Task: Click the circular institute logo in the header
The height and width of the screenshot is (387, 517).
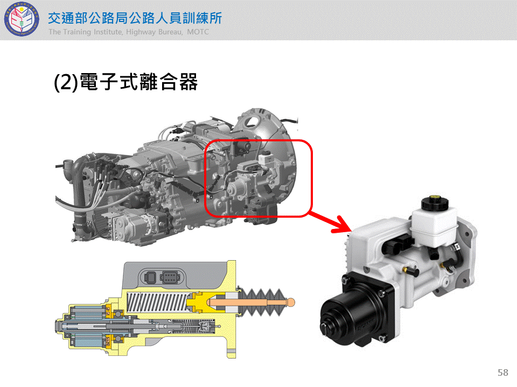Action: point(22,19)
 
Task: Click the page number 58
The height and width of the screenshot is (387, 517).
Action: point(503,372)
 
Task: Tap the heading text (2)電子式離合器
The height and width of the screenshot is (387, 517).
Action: point(125,82)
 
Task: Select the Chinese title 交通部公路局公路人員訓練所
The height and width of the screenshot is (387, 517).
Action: point(135,18)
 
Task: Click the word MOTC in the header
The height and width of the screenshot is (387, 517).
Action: point(198,32)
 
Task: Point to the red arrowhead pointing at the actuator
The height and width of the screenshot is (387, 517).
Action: point(343,225)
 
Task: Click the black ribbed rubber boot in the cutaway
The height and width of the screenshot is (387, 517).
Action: point(262,303)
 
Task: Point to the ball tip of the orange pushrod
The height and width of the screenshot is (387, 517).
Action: point(291,303)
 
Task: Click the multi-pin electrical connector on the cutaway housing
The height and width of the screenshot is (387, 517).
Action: point(170,277)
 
